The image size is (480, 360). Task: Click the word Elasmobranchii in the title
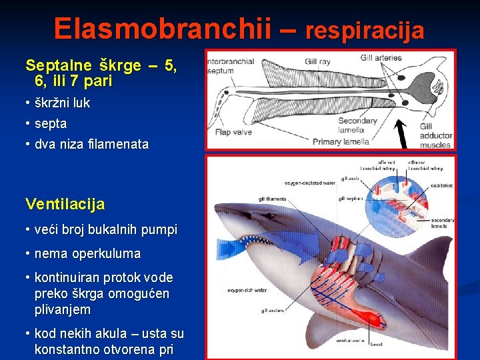163,28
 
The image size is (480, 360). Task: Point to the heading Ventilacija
65,204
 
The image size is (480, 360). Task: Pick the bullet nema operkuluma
87,253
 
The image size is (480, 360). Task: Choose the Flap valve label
233,132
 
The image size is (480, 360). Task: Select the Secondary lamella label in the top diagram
357,125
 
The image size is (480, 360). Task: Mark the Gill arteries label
381,57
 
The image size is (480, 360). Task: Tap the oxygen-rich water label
247,289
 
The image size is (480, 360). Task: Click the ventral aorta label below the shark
349,340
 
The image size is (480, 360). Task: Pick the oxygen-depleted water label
309,183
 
